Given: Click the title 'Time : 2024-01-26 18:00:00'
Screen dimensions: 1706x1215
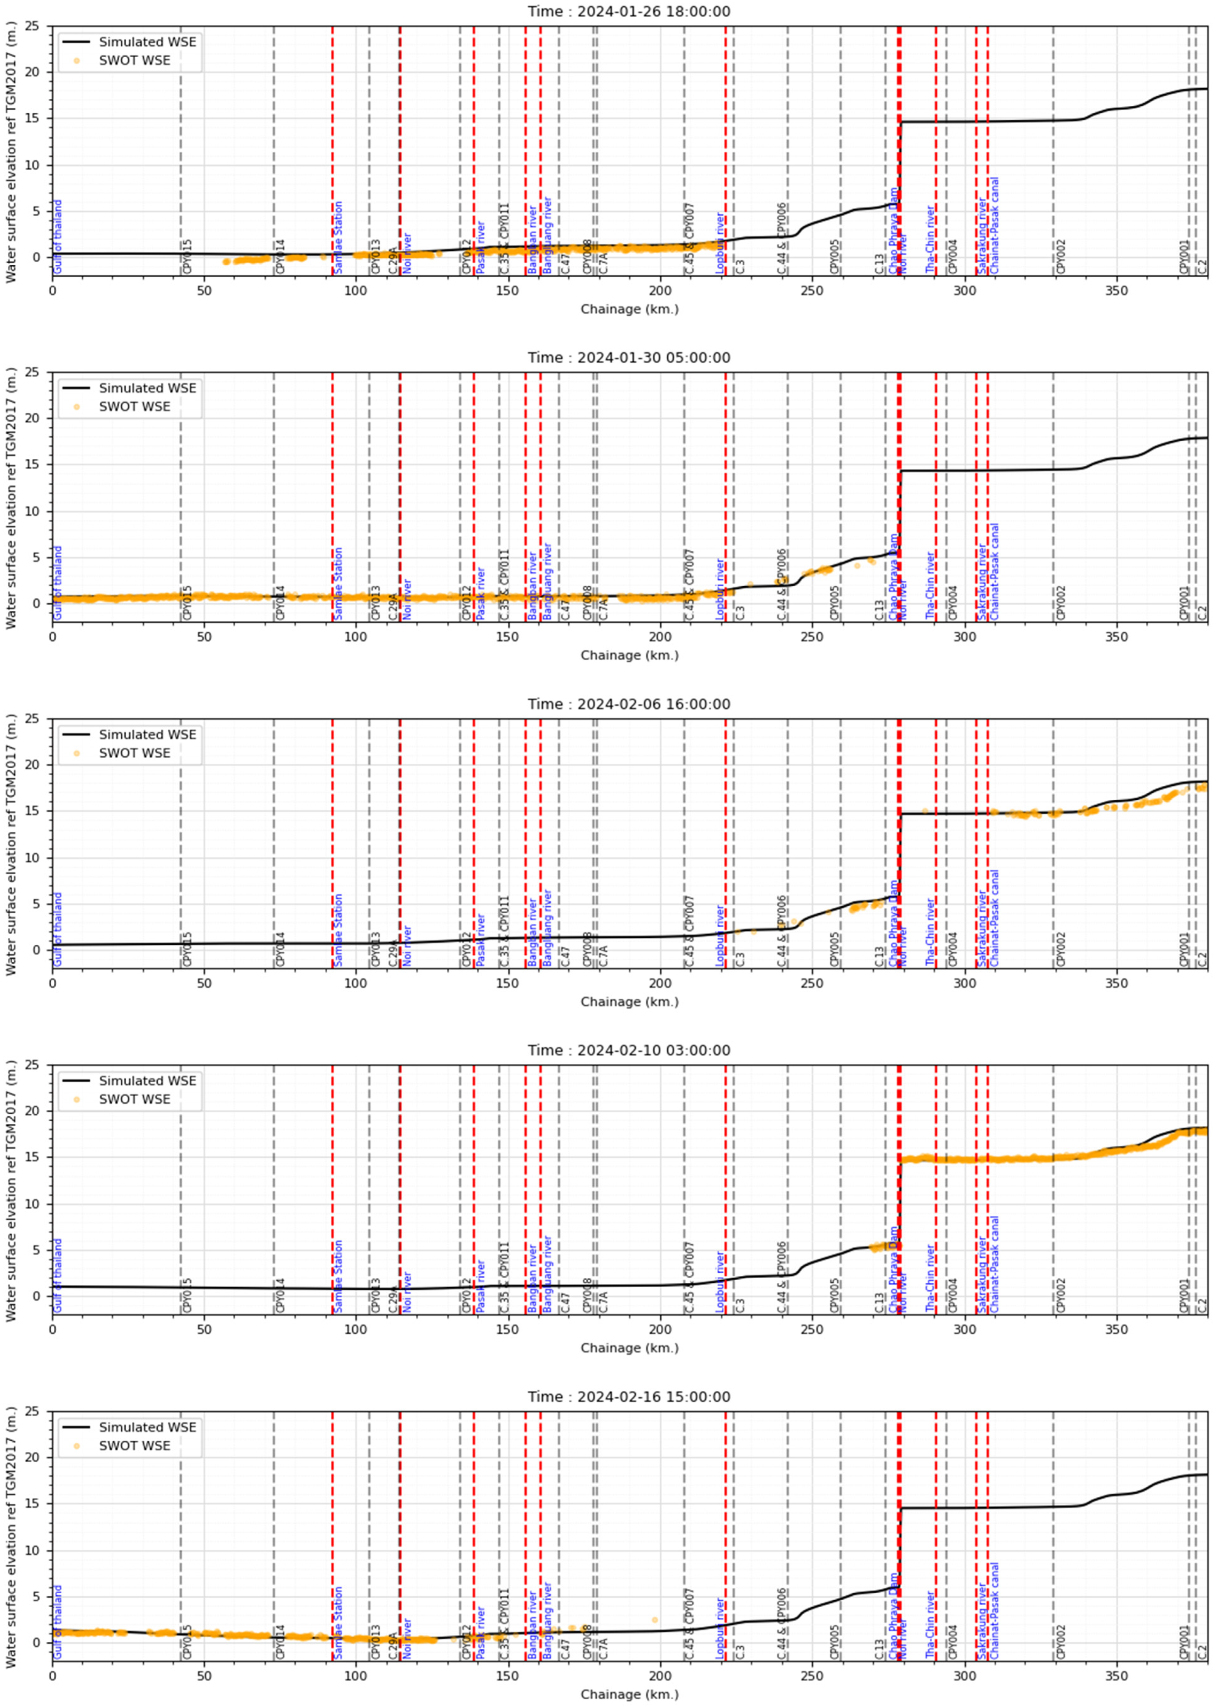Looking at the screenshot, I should click(629, 11).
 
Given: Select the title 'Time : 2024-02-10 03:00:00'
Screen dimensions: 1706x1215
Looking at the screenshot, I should click(629, 1050).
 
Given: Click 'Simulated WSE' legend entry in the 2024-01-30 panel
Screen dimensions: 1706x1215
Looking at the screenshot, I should click(147, 388).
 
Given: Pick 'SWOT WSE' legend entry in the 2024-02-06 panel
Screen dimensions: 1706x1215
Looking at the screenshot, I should click(135, 753).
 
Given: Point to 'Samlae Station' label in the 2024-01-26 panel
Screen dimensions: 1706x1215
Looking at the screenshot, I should click(338, 237).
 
